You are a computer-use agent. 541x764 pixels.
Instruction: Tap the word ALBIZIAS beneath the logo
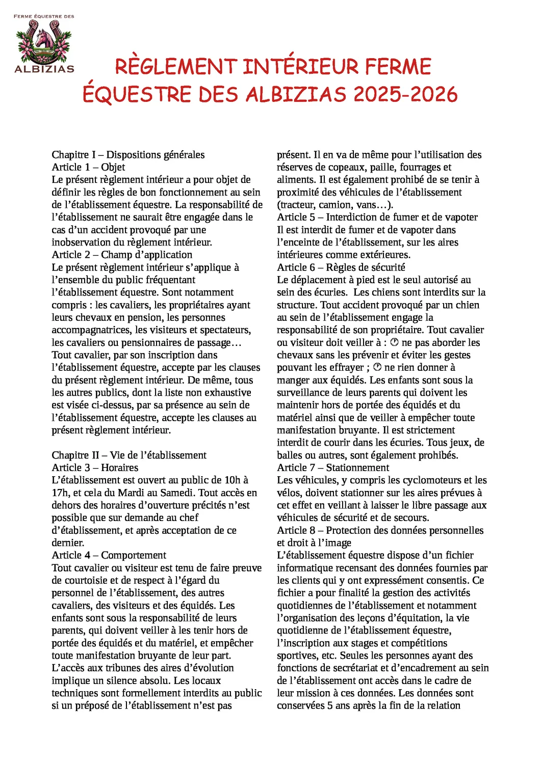[x=44, y=69]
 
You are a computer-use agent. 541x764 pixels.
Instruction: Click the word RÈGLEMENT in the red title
[x=175, y=67]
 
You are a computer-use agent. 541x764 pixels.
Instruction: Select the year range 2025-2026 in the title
[x=405, y=94]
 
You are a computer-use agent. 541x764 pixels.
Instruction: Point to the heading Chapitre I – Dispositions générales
[x=128, y=155]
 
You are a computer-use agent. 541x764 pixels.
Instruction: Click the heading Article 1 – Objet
[x=88, y=167]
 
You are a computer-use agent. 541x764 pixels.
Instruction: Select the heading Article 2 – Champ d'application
[x=122, y=255]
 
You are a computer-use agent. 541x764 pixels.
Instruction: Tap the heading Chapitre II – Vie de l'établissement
[x=129, y=455]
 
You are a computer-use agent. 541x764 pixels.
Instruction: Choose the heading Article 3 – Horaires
[x=95, y=468]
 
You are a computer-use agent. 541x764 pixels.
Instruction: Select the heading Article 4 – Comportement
[x=109, y=555]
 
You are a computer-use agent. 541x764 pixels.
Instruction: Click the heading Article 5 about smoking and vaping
[x=377, y=217]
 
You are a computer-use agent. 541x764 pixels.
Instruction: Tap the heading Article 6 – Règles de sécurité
[x=341, y=267]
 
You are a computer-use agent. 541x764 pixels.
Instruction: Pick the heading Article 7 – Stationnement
[x=333, y=468]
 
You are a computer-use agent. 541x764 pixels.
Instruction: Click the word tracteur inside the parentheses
[x=297, y=205]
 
